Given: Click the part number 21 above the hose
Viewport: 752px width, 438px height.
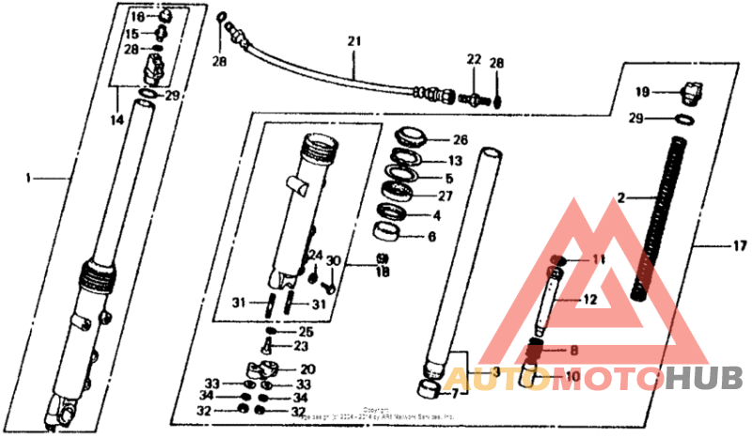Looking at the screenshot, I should [353, 42].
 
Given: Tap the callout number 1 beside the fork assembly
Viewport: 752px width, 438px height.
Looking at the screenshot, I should [29, 178].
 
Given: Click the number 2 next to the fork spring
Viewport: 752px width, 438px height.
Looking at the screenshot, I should [620, 198].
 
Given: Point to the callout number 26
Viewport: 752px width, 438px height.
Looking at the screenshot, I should [460, 140].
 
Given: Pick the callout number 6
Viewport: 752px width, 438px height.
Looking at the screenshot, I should [431, 237].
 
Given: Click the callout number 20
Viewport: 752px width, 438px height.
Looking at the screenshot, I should [307, 369].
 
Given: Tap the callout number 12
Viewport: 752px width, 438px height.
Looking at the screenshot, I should [589, 300].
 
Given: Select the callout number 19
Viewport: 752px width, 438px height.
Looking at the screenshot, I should [642, 92].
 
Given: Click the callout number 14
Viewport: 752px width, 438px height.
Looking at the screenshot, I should [117, 121].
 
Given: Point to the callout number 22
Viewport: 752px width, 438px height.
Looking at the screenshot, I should [473, 60].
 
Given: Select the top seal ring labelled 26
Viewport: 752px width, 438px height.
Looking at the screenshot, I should [411, 134].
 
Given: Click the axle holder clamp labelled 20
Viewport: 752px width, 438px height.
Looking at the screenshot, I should [267, 369].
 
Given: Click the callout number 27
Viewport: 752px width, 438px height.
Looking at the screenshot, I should [445, 196].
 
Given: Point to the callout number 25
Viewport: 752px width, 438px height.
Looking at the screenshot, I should [305, 332].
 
